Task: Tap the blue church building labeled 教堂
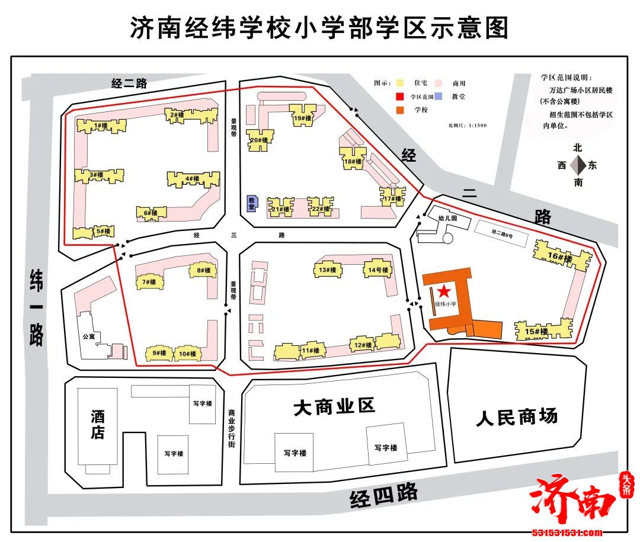pos(251,203)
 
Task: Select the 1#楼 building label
pos(98,126)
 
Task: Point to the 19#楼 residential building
pos(302,118)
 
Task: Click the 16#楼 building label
pos(560,257)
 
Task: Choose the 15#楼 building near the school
pos(536,332)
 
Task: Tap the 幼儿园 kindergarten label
pos(448,218)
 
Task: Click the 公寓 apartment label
pos(89,336)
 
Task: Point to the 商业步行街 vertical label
pos(232,428)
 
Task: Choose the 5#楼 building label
pos(104,232)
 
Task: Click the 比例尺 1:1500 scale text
pos(468,125)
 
